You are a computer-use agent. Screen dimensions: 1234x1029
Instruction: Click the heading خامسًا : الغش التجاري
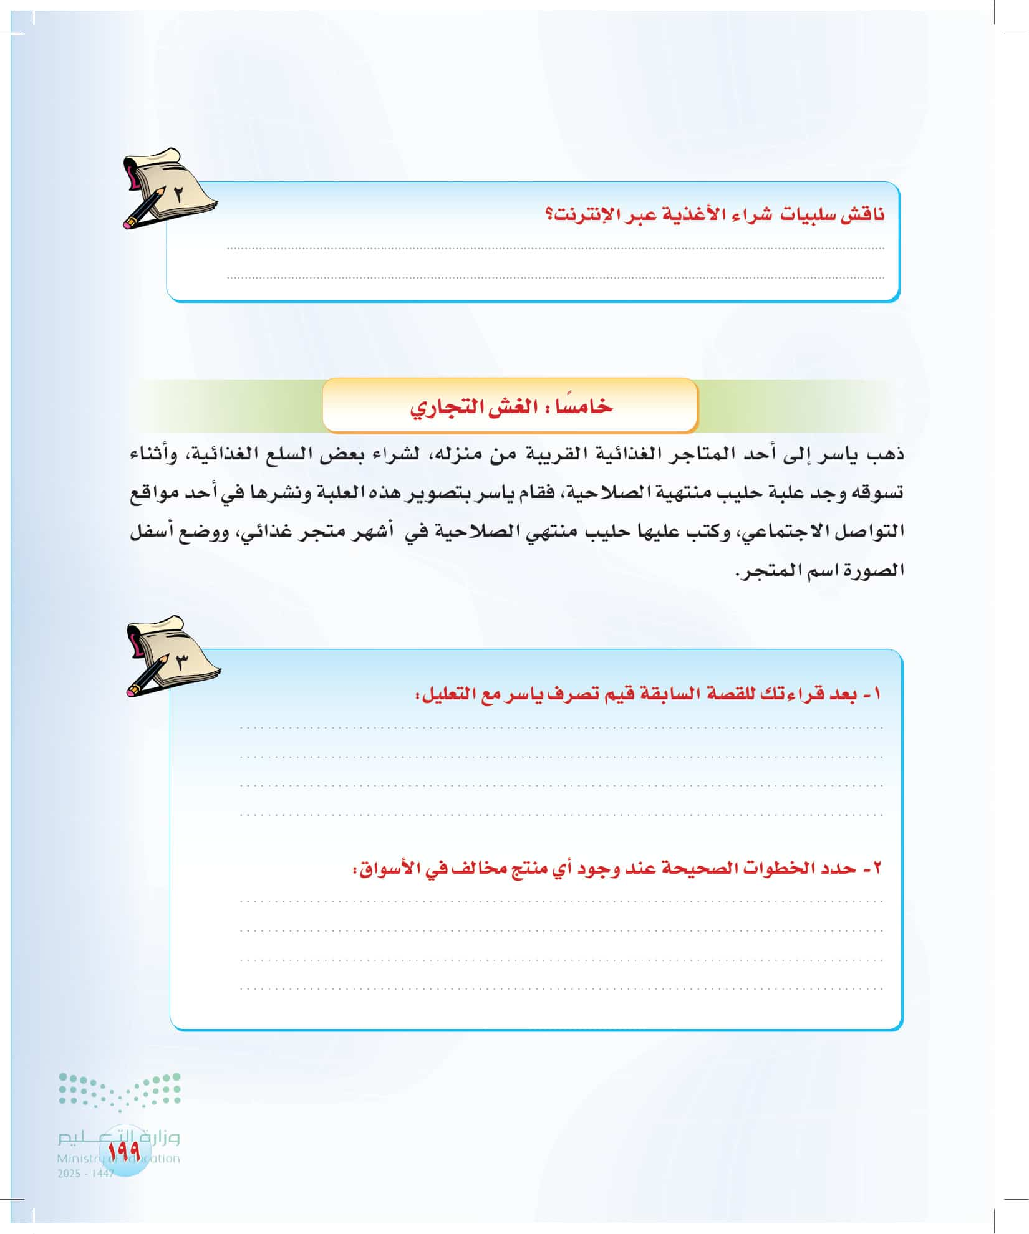[x=511, y=406]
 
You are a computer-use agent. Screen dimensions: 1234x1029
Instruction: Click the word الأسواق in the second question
[x=380, y=868]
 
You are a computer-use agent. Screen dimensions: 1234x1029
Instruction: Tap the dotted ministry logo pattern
[x=119, y=1091]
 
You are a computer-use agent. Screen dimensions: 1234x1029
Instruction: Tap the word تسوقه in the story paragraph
[x=879, y=493]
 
